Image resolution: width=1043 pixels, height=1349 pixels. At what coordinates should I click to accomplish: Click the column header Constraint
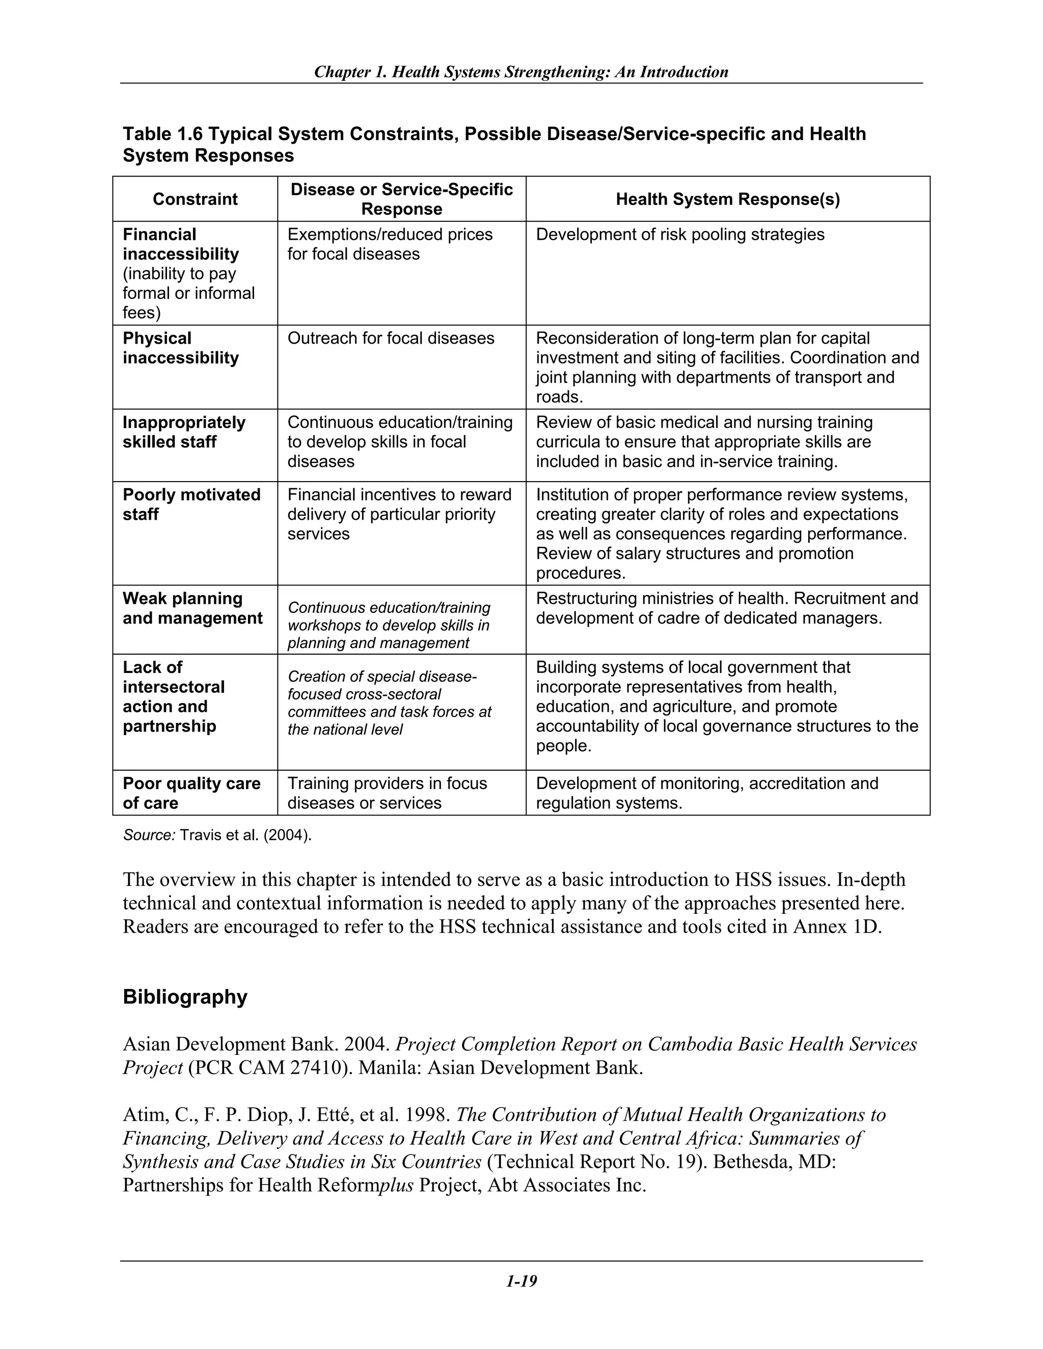195,199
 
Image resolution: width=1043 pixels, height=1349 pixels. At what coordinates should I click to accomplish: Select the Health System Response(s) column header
727,199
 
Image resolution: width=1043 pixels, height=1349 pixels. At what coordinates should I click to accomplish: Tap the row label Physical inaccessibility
180,348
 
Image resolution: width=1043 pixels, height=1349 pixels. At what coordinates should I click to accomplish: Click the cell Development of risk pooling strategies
680,235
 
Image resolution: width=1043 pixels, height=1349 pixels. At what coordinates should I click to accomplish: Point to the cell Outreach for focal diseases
391,339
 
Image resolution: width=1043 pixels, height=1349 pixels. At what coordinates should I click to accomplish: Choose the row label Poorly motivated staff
191,504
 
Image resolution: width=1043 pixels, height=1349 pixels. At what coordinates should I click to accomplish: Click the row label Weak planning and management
192,608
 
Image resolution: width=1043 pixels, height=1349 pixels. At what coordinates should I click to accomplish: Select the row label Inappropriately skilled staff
183,432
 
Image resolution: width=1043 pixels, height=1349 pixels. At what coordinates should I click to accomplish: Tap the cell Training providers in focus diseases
387,793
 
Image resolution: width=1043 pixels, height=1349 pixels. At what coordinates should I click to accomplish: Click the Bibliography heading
185,996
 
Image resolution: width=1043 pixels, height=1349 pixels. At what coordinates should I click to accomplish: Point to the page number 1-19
521,1281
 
